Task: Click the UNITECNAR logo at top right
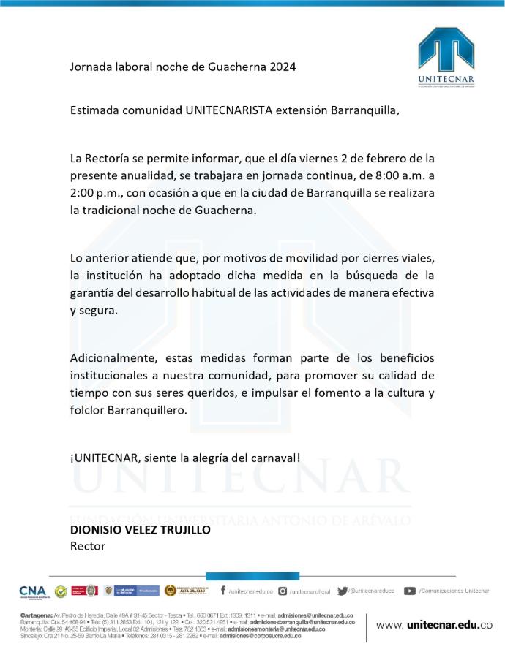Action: (446, 57)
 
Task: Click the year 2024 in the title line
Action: (282, 67)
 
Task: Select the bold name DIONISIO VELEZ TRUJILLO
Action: (140, 530)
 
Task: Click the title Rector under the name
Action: (88, 546)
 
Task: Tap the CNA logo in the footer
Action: (32, 591)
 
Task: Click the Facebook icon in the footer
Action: (223, 591)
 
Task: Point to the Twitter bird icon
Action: (343, 591)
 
